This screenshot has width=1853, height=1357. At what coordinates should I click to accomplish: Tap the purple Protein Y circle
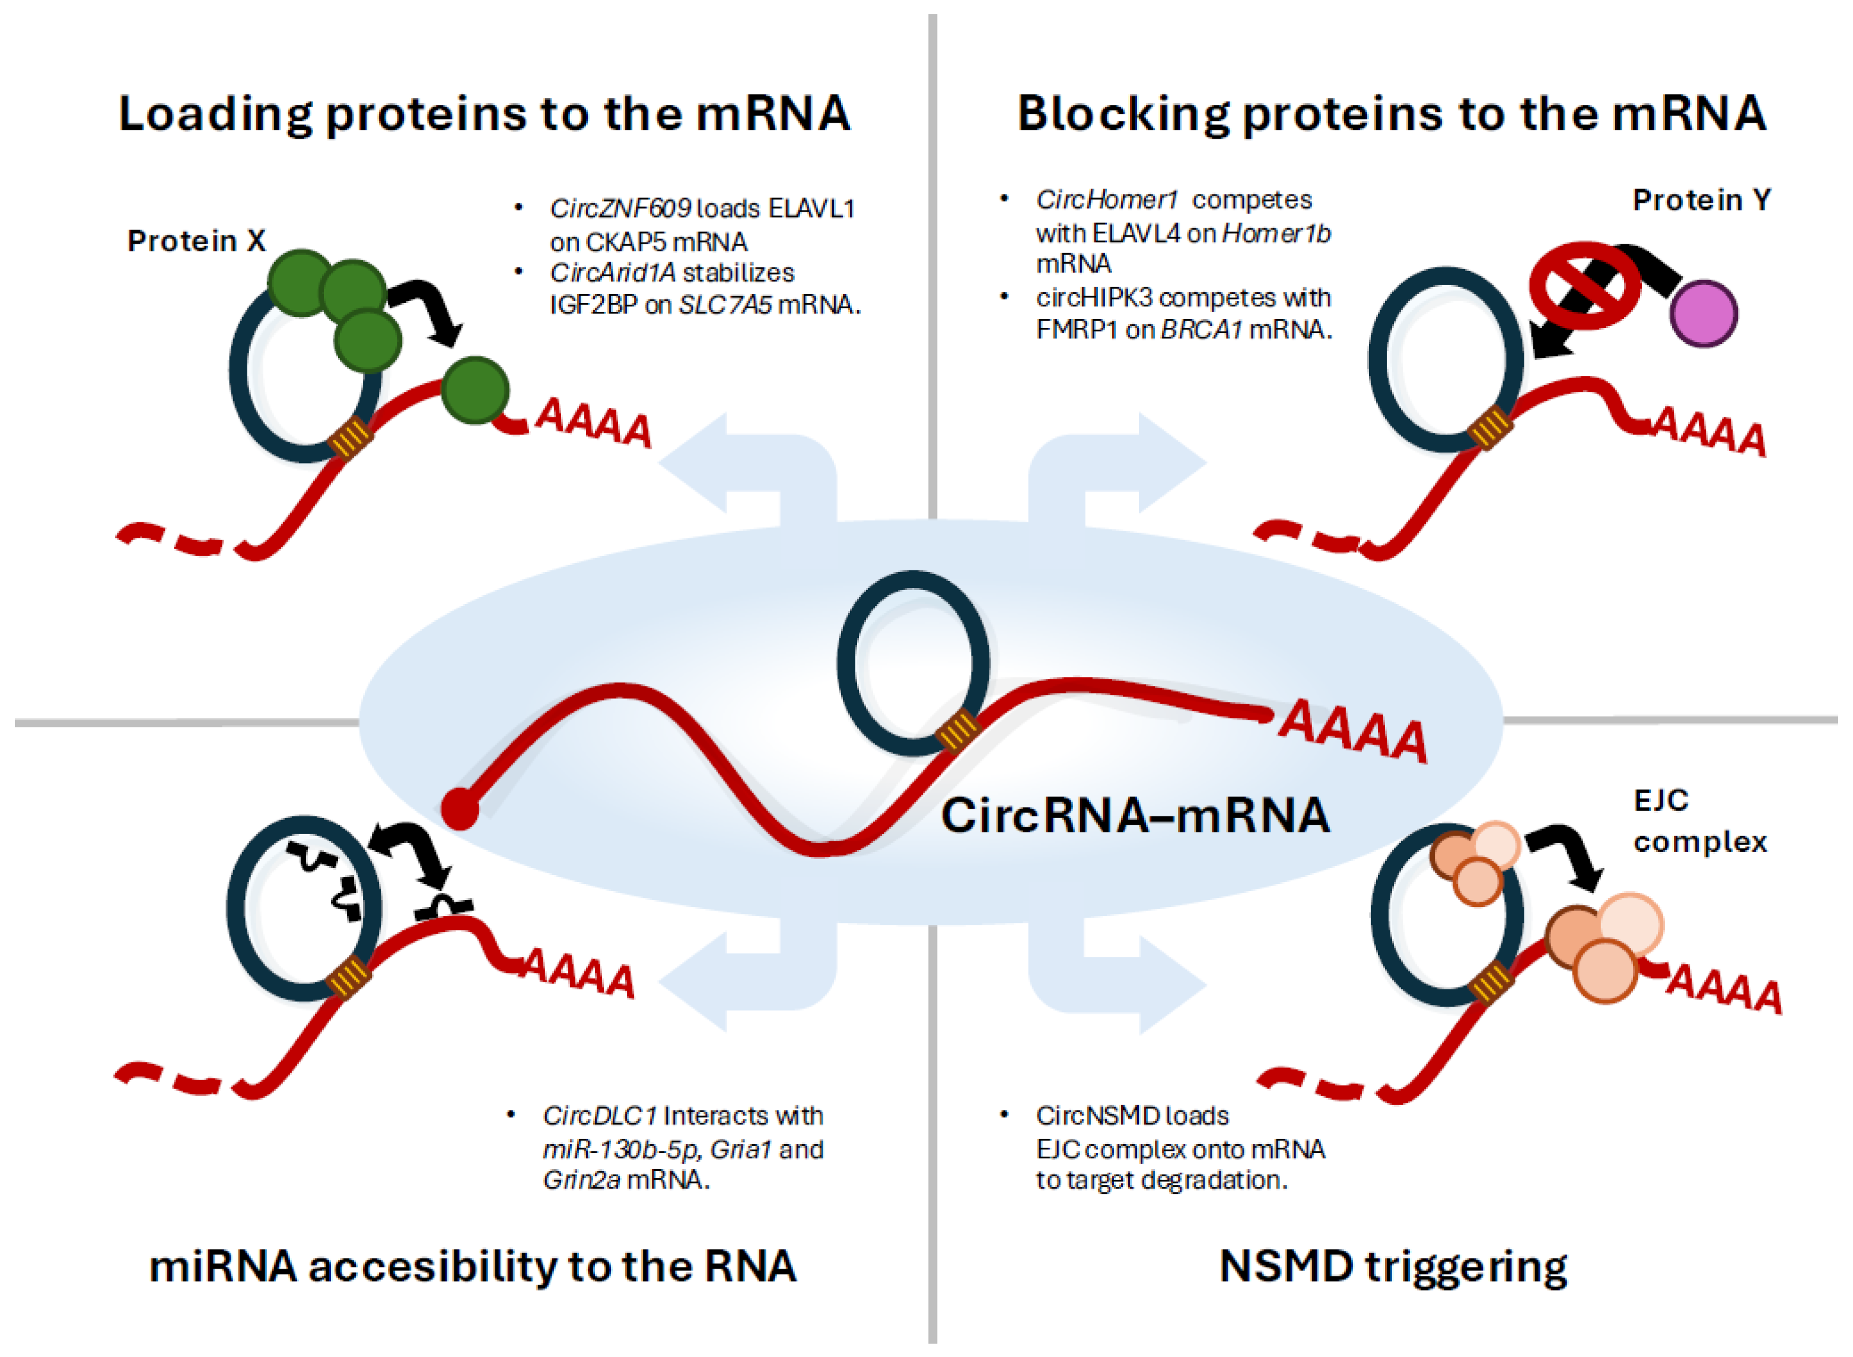point(1704,313)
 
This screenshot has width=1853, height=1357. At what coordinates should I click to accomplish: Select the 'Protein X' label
point(196,241)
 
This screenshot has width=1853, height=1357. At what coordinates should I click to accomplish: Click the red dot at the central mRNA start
point(459,809)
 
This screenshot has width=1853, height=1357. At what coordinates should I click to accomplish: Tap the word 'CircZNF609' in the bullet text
point(620,209)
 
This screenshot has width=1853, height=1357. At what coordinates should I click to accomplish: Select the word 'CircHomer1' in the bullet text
point(1106,200)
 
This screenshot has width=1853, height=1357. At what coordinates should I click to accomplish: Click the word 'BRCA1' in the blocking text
point(1201,330)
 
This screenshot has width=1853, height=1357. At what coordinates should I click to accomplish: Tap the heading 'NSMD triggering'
point(1392,1266)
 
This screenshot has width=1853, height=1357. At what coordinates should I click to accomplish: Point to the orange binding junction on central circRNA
point(958,731)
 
